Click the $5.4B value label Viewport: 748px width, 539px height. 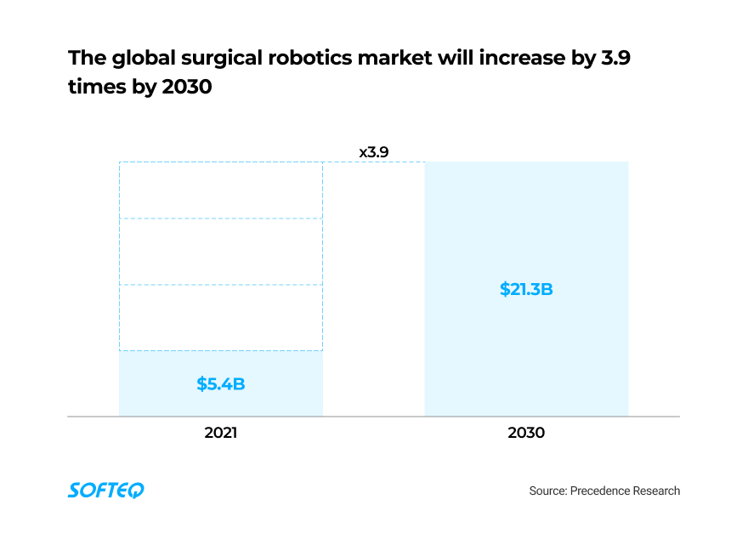pos(221,383)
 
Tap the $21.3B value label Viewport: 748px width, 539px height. pos(526,289)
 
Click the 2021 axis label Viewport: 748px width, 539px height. pos(221,433)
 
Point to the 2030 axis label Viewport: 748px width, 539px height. pos(526,433)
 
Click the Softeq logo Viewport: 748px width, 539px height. pos(106,491)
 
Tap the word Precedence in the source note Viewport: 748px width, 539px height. pos(600,491)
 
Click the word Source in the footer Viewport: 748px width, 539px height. pos(547,491)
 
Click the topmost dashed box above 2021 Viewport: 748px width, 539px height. pos(221,190)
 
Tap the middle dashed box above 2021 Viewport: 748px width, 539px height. pos(221,252)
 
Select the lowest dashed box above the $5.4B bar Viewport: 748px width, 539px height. pos(221,317)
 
